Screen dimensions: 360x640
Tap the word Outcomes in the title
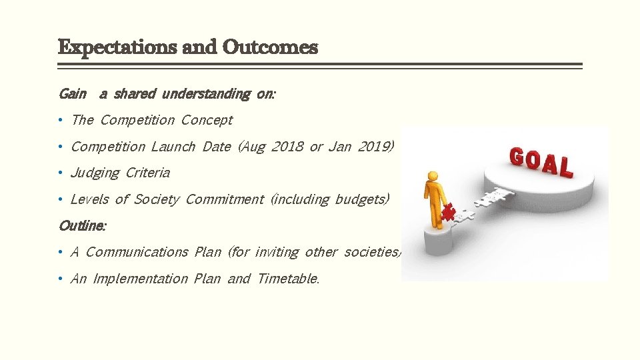[x=270, y=48]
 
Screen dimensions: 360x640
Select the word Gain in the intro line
[x=72, y=94]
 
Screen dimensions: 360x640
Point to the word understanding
[x=206, y=94]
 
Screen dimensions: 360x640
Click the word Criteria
[x=148, y=173]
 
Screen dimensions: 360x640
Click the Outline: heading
[x=82, y=225]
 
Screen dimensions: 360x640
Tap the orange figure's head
[x=434, y=177]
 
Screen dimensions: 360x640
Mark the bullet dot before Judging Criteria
[x=60, y=173]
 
